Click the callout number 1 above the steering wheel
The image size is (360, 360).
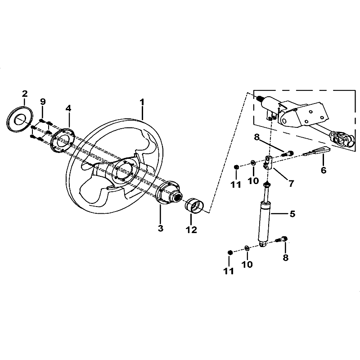[x=142, y=102]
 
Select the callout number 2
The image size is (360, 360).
[x=25, y=94]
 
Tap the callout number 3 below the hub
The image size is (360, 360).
[x=161, y=228]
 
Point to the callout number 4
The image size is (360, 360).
[x=68, y=108]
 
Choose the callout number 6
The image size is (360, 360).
[x=323, y=170]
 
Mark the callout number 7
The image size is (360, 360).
[x=291, y=183]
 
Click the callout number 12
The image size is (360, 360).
[x=191, y=229]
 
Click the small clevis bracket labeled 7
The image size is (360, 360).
[x=269, y=162]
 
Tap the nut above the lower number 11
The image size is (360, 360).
[x=230, y=252]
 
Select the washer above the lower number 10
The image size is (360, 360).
[x=247, y=248]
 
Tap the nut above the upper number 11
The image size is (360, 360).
[x=236, y=167]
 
